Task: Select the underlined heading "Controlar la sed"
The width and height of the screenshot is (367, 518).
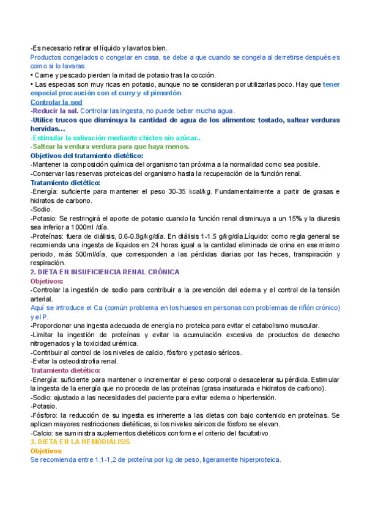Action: click(x=56, y=102)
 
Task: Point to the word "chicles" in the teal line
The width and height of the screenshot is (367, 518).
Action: click(x=138, y=138)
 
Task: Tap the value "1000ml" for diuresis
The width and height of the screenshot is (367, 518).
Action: click(x=89, y=228)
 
